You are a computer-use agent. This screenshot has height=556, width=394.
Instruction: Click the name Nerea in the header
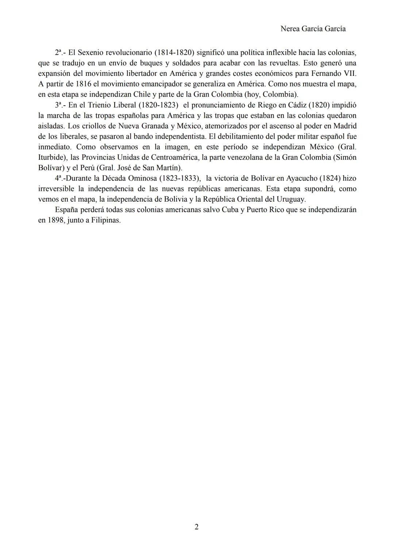(291, 29)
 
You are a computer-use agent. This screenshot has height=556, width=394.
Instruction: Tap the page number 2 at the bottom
(197, 527)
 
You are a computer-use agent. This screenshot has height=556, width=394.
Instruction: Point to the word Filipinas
(106, 221)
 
